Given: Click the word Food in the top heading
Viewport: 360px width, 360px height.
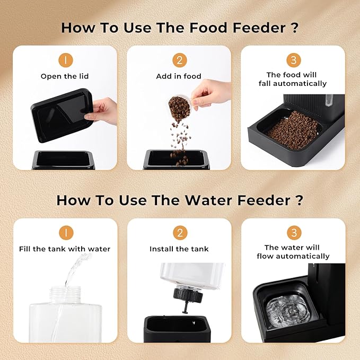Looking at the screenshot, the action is (x=208, y=28).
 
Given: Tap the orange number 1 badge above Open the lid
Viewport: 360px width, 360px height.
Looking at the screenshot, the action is (x=66, y=60).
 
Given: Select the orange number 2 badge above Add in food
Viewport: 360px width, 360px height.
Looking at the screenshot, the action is (x=180, y=60).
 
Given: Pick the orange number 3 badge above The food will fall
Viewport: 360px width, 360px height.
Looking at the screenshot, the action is (x=294, y=60).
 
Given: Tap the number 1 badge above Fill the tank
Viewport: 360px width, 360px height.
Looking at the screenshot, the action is (x=66, y=233).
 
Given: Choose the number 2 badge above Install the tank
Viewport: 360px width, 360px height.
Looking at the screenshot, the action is (x=180, y=233).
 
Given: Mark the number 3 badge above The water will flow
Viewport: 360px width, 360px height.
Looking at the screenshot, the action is (x=294, y=233).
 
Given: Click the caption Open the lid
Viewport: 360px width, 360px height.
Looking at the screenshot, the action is (x=65, y=76).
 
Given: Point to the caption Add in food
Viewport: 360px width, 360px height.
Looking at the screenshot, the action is (x=179, y=76).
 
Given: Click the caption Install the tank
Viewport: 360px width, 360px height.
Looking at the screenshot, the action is (x=179, y=249).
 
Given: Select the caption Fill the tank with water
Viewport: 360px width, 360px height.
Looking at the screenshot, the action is (x=65, y=249).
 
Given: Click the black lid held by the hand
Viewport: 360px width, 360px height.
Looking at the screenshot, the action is (x=62, y=115).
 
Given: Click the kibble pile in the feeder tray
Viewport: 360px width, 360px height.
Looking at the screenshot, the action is (x=292, y=130).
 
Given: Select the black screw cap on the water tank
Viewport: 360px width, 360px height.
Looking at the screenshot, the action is (x=188, y=295).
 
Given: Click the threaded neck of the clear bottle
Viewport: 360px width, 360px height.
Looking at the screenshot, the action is (x=66, y=294).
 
